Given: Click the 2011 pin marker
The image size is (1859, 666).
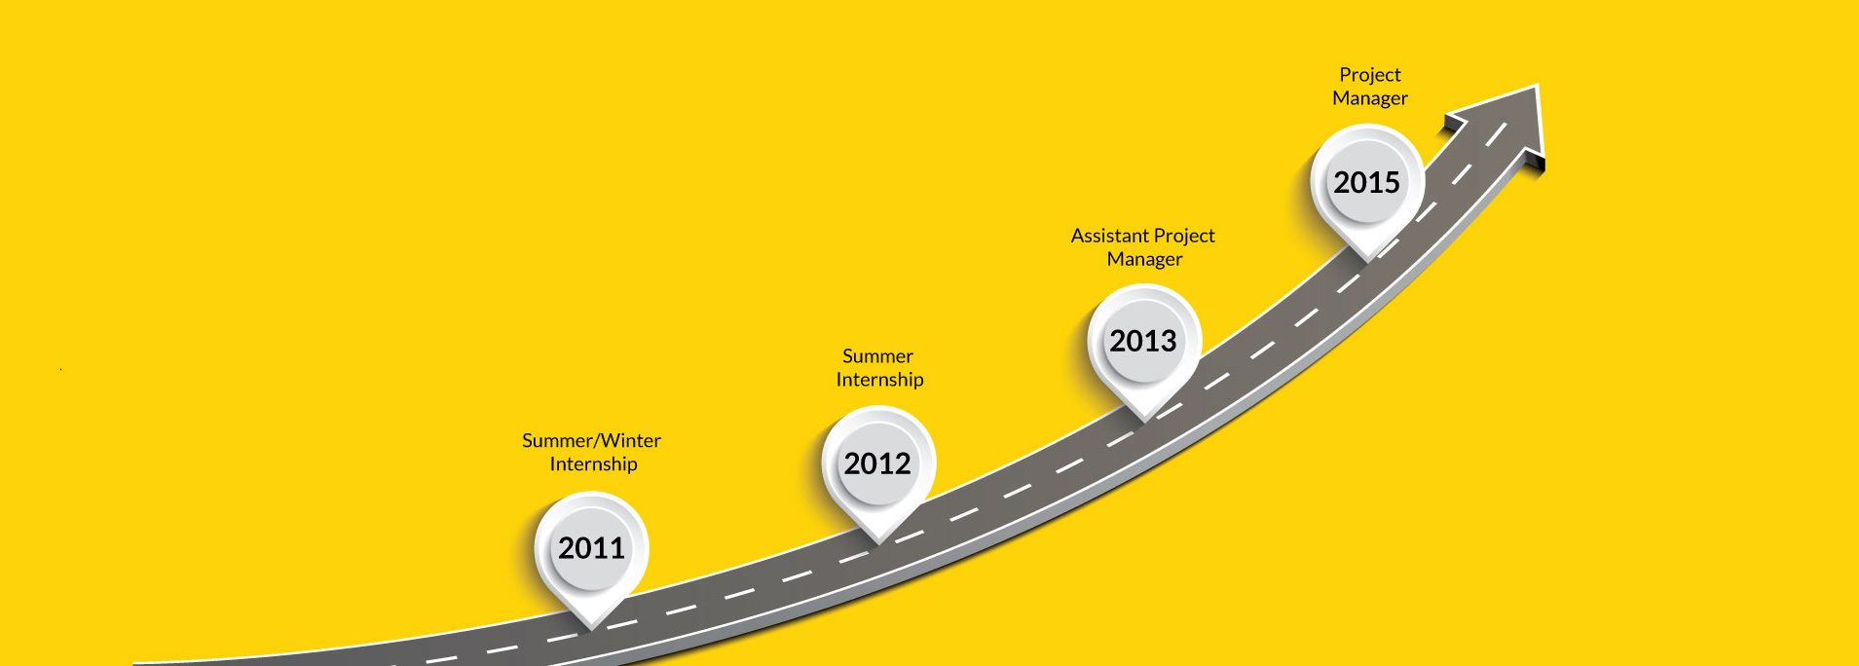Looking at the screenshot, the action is [591, 555].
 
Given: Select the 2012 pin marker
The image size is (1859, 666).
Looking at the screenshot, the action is [878, 469].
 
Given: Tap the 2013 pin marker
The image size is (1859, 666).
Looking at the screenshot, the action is [1144, 348].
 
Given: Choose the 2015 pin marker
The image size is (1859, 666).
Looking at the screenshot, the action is [1367, 188].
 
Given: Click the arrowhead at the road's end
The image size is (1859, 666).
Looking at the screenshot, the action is [1505, 127].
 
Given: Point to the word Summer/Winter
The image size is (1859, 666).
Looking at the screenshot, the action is [591, 440].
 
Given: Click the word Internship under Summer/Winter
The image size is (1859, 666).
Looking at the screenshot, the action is [593, 464].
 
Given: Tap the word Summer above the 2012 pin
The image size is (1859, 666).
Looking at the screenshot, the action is [877, 356].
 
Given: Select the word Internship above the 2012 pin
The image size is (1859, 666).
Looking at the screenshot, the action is [879, 380].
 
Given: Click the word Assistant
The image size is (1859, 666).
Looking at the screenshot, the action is [1109, 236].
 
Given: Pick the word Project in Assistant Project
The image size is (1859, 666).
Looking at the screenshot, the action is [1184, 237].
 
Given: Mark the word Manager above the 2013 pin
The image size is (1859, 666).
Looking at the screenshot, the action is [1144, 260].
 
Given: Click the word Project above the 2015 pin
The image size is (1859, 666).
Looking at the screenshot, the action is [1369, 75].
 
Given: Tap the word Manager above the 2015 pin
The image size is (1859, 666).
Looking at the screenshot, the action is [1369, 98].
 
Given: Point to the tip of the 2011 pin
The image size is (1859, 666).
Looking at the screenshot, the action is [592, 628].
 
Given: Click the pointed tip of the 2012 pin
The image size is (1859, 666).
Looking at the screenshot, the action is [878, 542].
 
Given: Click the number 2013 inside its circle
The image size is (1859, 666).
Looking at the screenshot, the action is [1143, 341].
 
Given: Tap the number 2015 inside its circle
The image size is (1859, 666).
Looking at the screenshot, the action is [1366, 182].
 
